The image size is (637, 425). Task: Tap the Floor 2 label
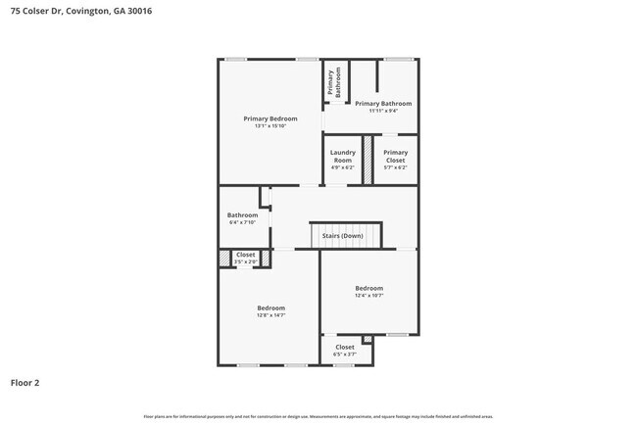pyautogui.click(x=25, y=383)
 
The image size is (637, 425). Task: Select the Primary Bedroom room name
pyautogui.click(x=269, y=118)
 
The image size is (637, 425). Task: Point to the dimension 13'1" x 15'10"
pyautogui.click(x=269, y=126)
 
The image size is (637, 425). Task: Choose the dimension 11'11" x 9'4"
pyautogui.click(x=383, y=111)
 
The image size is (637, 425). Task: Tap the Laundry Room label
pyautogui.click(x=342, y=156)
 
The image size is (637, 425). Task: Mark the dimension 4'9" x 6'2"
pyautogui.click(x=342, y=167)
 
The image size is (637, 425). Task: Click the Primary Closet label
pyautogui.click(x=395, y=156)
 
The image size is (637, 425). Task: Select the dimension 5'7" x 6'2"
pyautogui.click(x=395, y=167)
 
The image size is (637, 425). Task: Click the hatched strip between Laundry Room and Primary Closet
pyautogui.click(x=368, y=160)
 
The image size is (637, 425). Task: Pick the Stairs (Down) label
pyautogui.click(x=342, y=236)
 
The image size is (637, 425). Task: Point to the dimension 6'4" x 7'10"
pyautogui.click(x=242, y=222)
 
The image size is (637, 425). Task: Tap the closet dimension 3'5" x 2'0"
pyautogui.click(x=245, y=261)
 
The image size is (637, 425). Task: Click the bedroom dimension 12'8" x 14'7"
pyautogui.click(x=270, y=315)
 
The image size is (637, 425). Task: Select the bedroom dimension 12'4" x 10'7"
pyautogui.click(x=368, y=295)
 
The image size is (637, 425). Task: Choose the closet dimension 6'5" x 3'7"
pyautogui.click(x=345, y=354)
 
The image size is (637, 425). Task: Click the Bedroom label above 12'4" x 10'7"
pyautogui.click(x=368, y=288)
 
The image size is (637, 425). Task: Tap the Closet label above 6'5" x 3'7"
pyautogui.click(x=345, y=347)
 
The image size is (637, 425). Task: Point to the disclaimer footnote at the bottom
pyautogui.click(x=318, y=416)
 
